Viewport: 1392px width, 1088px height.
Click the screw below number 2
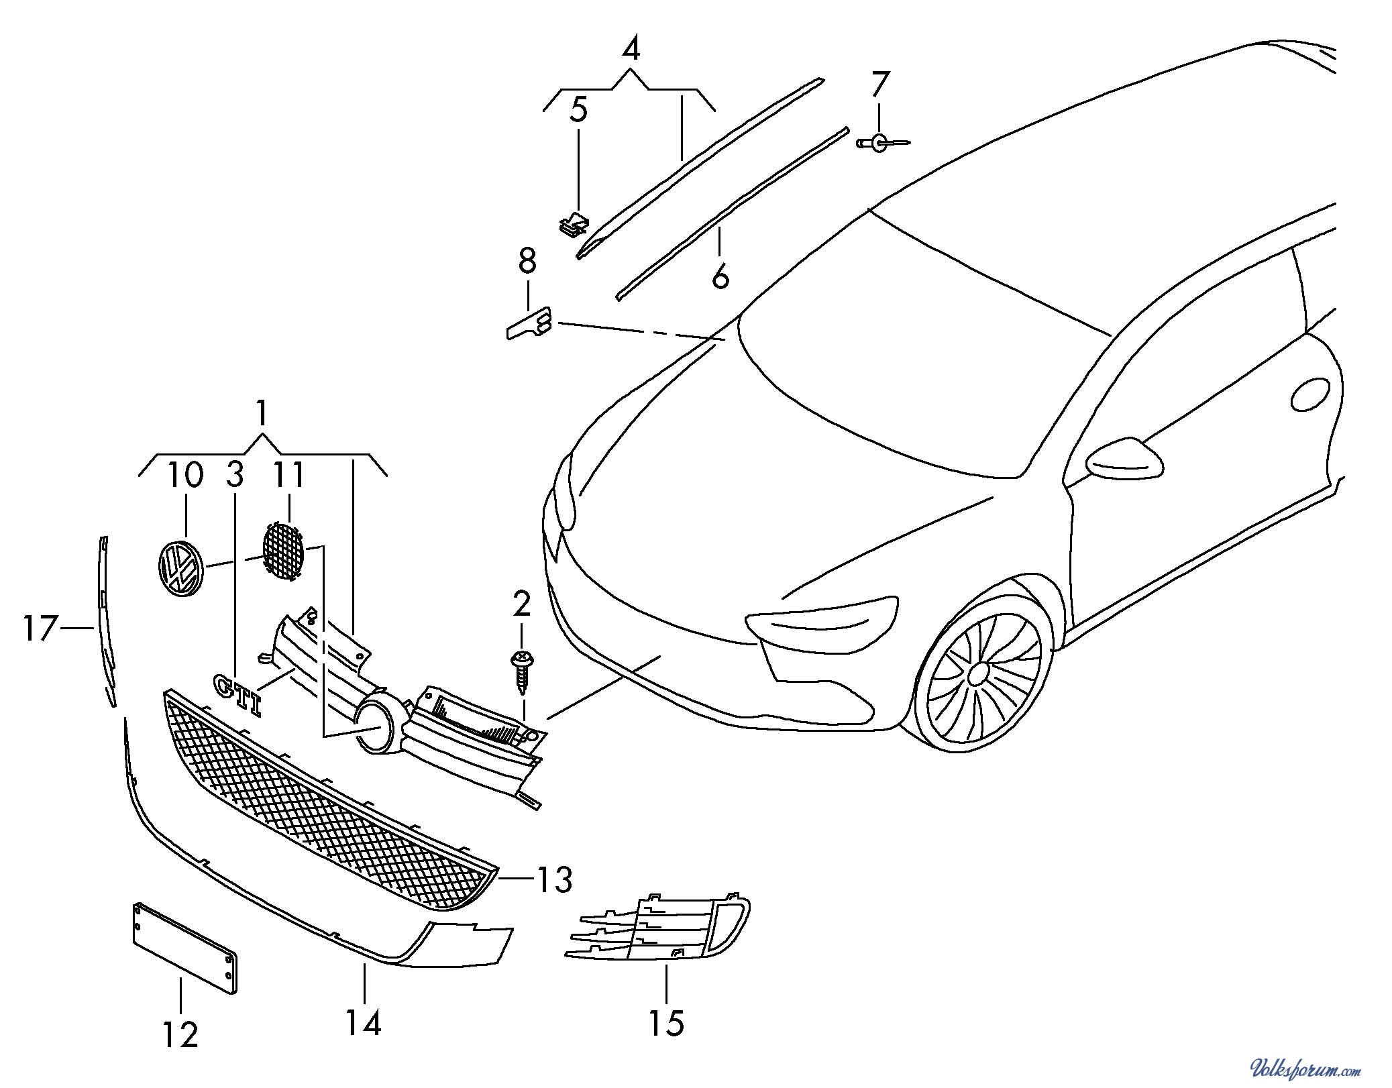[522, 671]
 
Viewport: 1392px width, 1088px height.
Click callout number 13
[553, 879]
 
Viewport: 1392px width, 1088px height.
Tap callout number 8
[527, 262]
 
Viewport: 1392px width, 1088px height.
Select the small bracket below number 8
[528, 323]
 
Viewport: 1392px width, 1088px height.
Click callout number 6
[720, 276]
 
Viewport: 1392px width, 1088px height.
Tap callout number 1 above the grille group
[262, 414]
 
